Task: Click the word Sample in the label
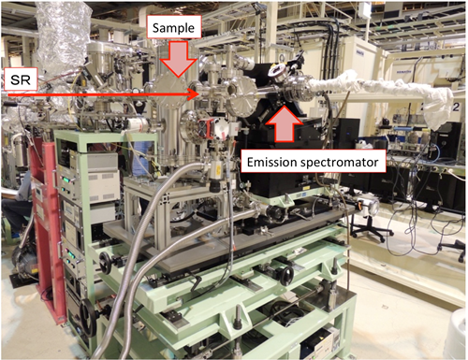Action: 173,28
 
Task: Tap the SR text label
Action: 21,80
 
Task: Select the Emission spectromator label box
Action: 313,162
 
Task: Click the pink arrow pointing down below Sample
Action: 179,59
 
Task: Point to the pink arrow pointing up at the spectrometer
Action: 285,123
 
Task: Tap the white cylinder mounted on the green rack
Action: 139,124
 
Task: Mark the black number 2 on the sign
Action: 456,107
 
